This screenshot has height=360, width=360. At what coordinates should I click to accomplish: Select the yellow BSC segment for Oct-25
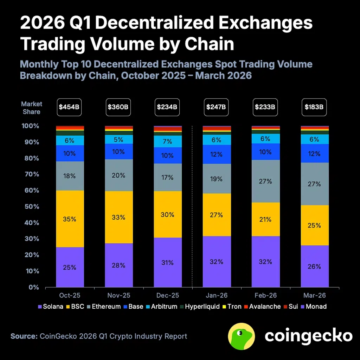click(70, 219)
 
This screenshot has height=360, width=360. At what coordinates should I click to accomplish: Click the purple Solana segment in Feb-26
click(265, 262)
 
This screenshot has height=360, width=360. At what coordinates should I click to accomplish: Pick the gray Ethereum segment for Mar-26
click(314, 184)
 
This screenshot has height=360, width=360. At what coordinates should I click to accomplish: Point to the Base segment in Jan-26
click(217, 154)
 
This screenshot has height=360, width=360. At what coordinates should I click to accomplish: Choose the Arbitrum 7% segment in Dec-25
click(168, 141)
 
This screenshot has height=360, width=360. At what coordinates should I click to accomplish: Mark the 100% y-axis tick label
click(31, 126)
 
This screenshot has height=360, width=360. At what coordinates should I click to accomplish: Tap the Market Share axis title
click(31, 108)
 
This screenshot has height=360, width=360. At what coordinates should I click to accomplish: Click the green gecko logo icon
click(242, 336)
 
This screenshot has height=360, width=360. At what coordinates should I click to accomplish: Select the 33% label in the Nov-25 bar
click(118, 217)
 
